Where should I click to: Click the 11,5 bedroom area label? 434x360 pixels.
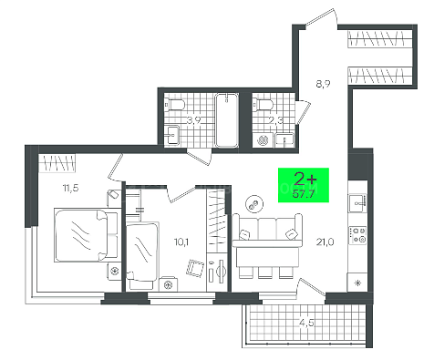coord(71,188)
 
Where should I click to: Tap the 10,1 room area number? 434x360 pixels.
coord(181,242)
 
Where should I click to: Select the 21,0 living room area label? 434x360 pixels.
coord(325,242)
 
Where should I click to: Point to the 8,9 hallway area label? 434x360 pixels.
coord(323,83)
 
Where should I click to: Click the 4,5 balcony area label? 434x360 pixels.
coord(306,323)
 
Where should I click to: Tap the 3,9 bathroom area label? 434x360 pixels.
coord(194,120)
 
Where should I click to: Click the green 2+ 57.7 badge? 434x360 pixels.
coord(304,185)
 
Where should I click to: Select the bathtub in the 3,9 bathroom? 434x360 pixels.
coord(226,120)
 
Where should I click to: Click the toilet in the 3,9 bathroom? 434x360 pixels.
coord(175,105)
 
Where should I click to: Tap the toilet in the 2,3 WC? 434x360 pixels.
coord(263,105)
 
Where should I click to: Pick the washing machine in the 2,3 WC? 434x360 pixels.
coord(263,140)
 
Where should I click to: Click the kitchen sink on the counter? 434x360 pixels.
coord(358,203)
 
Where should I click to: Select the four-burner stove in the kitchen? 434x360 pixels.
coord(358,235)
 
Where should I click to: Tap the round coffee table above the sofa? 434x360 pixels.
coord(254,204)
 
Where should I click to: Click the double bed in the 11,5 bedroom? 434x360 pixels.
coord(86,235)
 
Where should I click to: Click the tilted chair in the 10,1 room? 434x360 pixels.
coord(195,268)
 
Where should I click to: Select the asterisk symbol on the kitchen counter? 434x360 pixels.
coord(358,283)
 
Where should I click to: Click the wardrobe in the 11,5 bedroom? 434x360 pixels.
coord(57,163)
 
